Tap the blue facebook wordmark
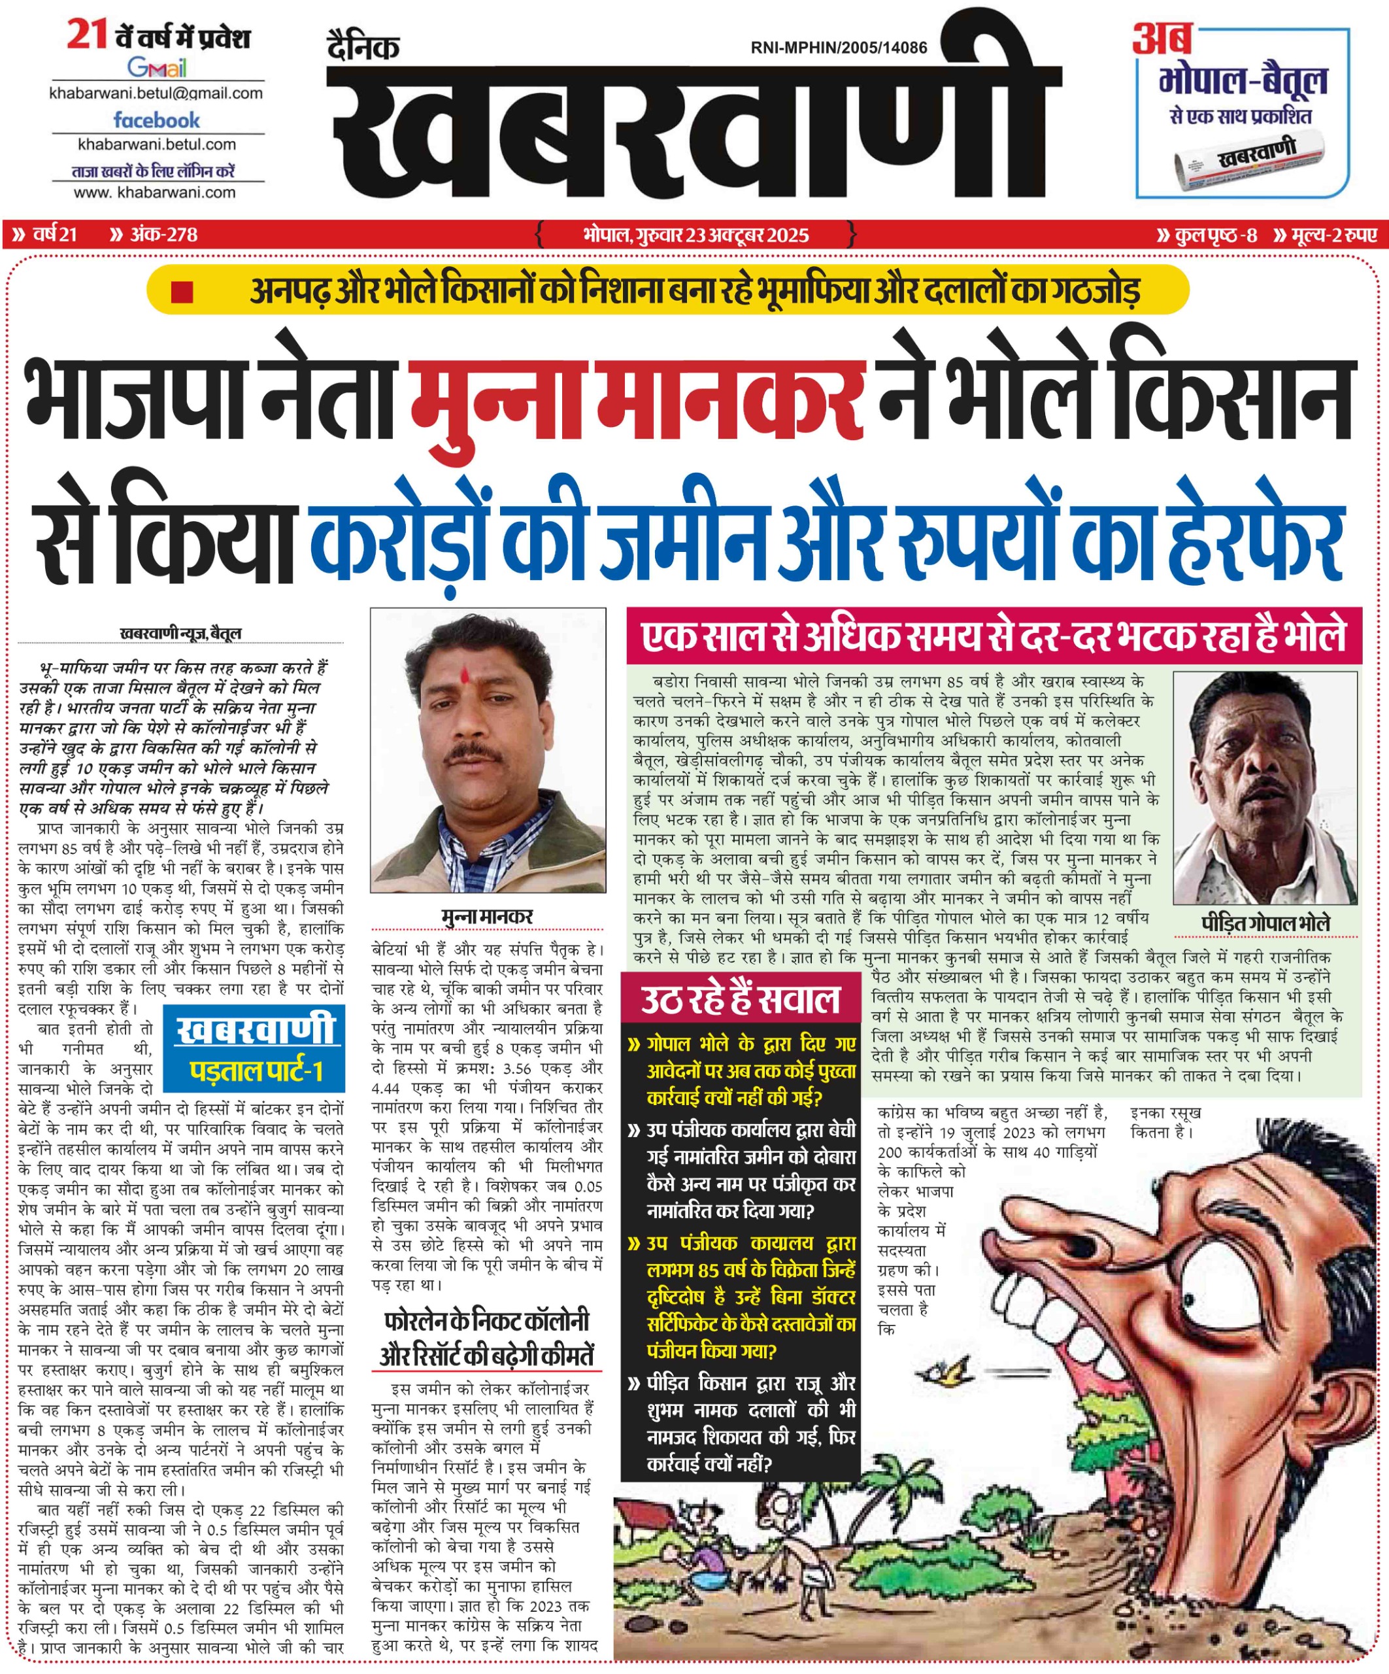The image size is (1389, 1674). (156, 120)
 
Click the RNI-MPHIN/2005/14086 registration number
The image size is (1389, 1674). (839, 48)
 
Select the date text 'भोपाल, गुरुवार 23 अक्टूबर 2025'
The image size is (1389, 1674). (695, 235)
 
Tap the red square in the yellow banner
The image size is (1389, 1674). (182, 292)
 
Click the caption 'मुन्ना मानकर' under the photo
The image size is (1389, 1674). (487, 916)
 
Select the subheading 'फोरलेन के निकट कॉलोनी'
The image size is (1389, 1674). (486, 1321)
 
